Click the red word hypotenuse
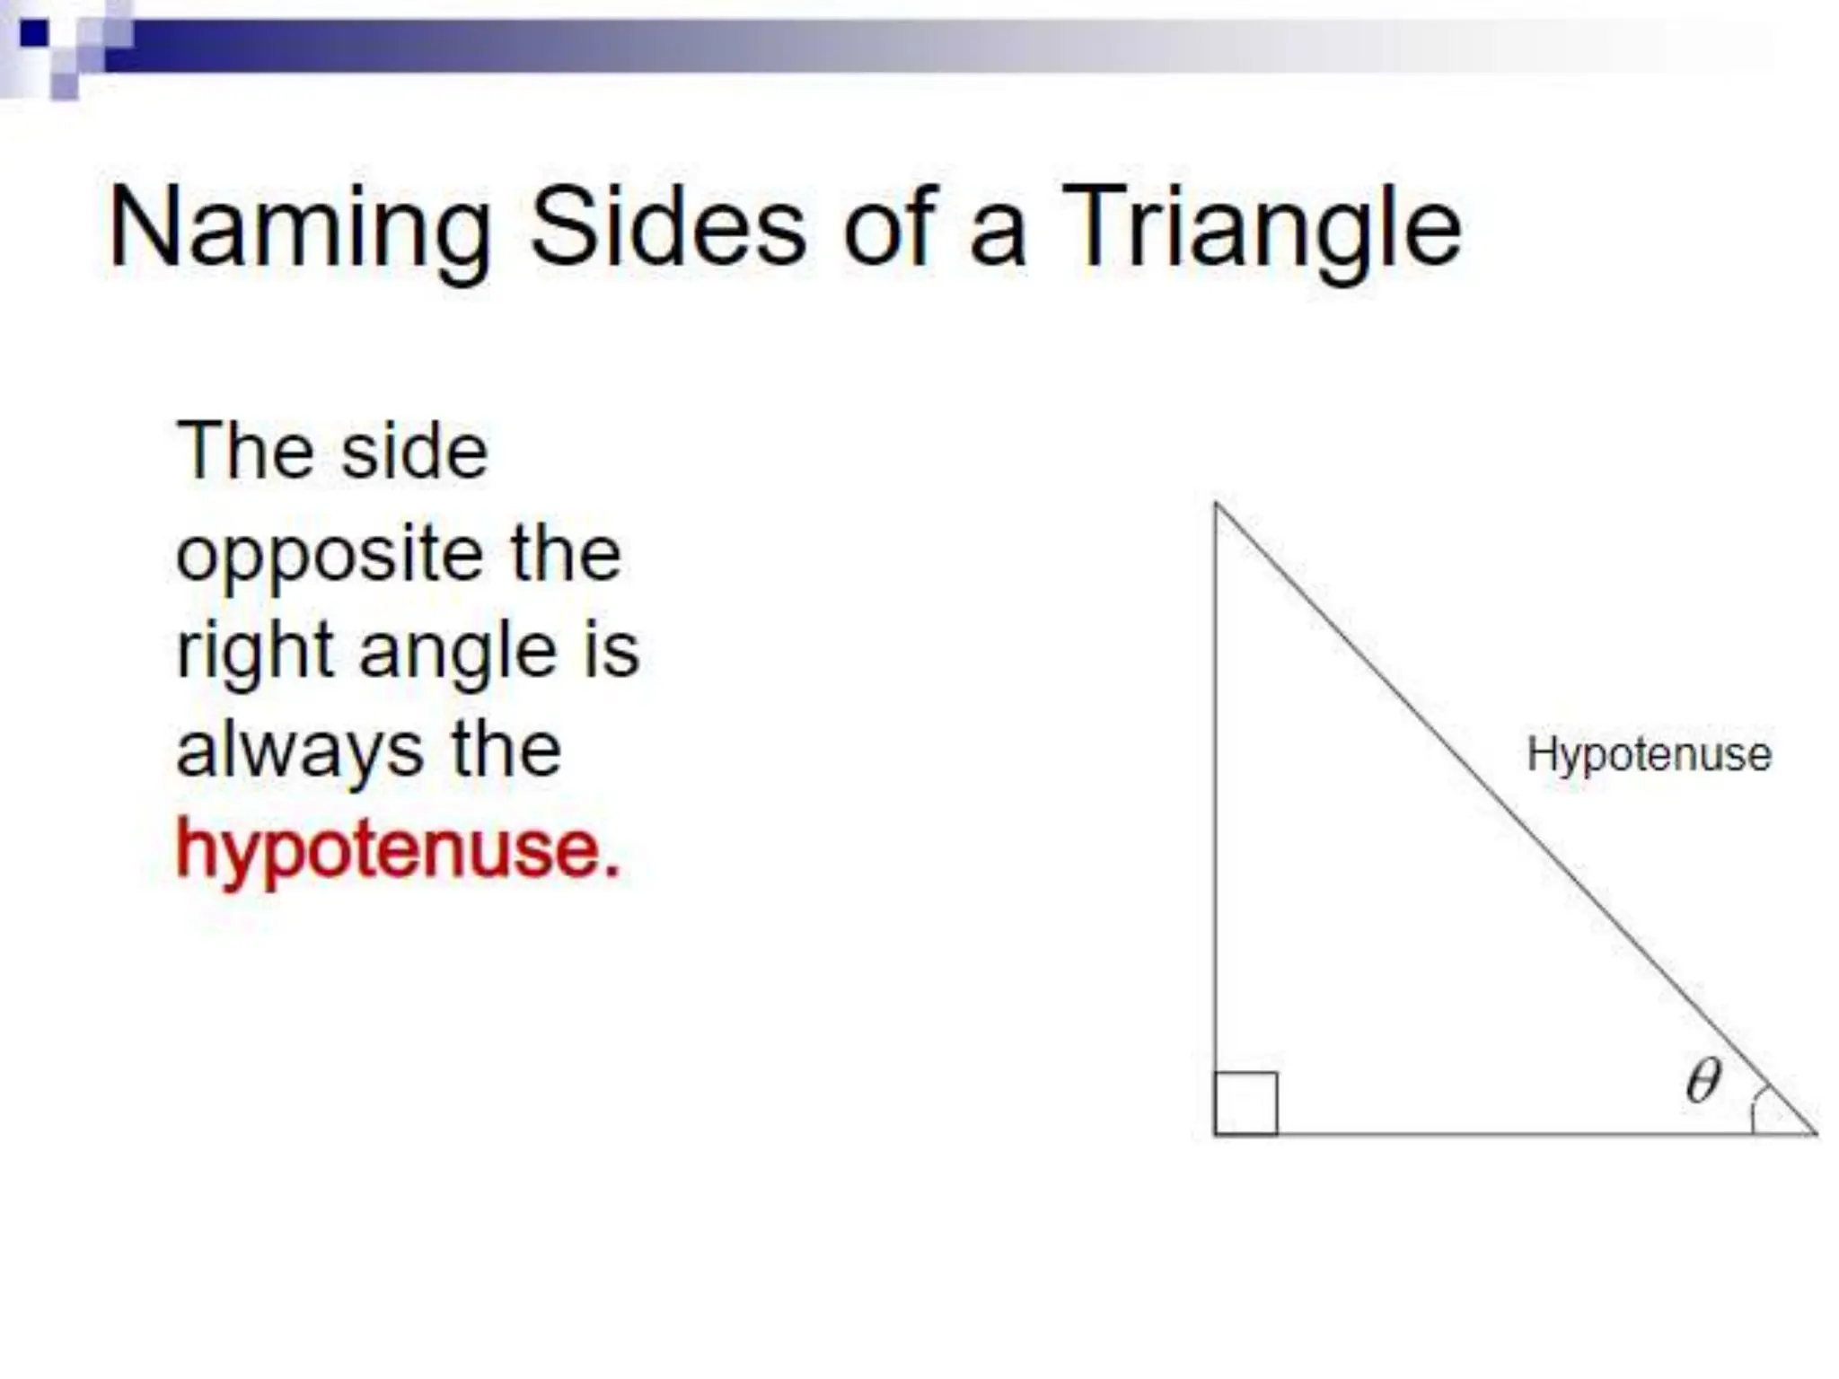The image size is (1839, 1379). point(397,849)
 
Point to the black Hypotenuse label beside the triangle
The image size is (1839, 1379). point(1649,754)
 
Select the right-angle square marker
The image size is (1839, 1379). point(1246,1103)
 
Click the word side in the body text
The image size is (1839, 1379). point(414,452)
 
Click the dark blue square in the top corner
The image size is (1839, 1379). point(34,34)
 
